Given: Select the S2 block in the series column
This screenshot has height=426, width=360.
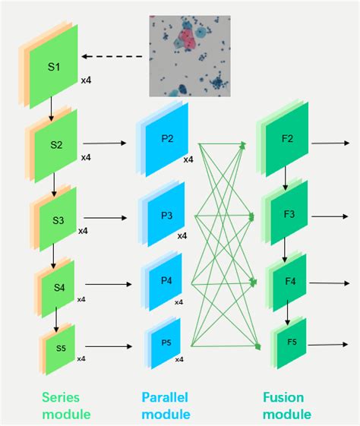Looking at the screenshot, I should (x=55, y=144).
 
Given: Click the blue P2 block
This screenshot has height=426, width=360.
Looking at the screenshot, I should (x=167, y=138).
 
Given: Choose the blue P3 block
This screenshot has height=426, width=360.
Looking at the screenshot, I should (x=167, y=215).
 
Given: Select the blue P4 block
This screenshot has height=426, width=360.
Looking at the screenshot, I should (x=167, y=281).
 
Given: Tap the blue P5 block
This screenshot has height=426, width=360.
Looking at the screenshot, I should (x=166, y=342).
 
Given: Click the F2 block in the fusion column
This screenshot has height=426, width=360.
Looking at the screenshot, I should (x=286, y=139).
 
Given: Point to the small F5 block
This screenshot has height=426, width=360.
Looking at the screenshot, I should (x=292, y=343).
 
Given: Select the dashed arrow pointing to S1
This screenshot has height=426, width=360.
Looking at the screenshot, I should (x=114, y=56).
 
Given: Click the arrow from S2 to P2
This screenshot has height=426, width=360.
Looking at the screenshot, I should (x=105, y=142).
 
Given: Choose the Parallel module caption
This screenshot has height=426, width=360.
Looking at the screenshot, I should (x=166, y=406).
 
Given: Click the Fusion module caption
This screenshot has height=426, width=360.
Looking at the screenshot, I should (x=286, y=406).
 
